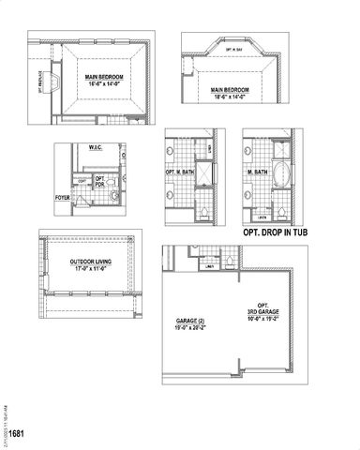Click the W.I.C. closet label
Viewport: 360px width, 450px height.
click(x=95, y=148)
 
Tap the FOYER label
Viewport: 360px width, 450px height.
click(x=63, y=199)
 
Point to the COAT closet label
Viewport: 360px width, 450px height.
click(x=82, y=180)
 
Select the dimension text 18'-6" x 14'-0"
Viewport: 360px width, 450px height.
click(x=228, y=95)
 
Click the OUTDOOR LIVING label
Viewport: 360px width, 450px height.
click(x=91, y=262)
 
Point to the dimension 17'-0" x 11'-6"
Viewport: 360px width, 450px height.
click(x=91, y=269)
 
